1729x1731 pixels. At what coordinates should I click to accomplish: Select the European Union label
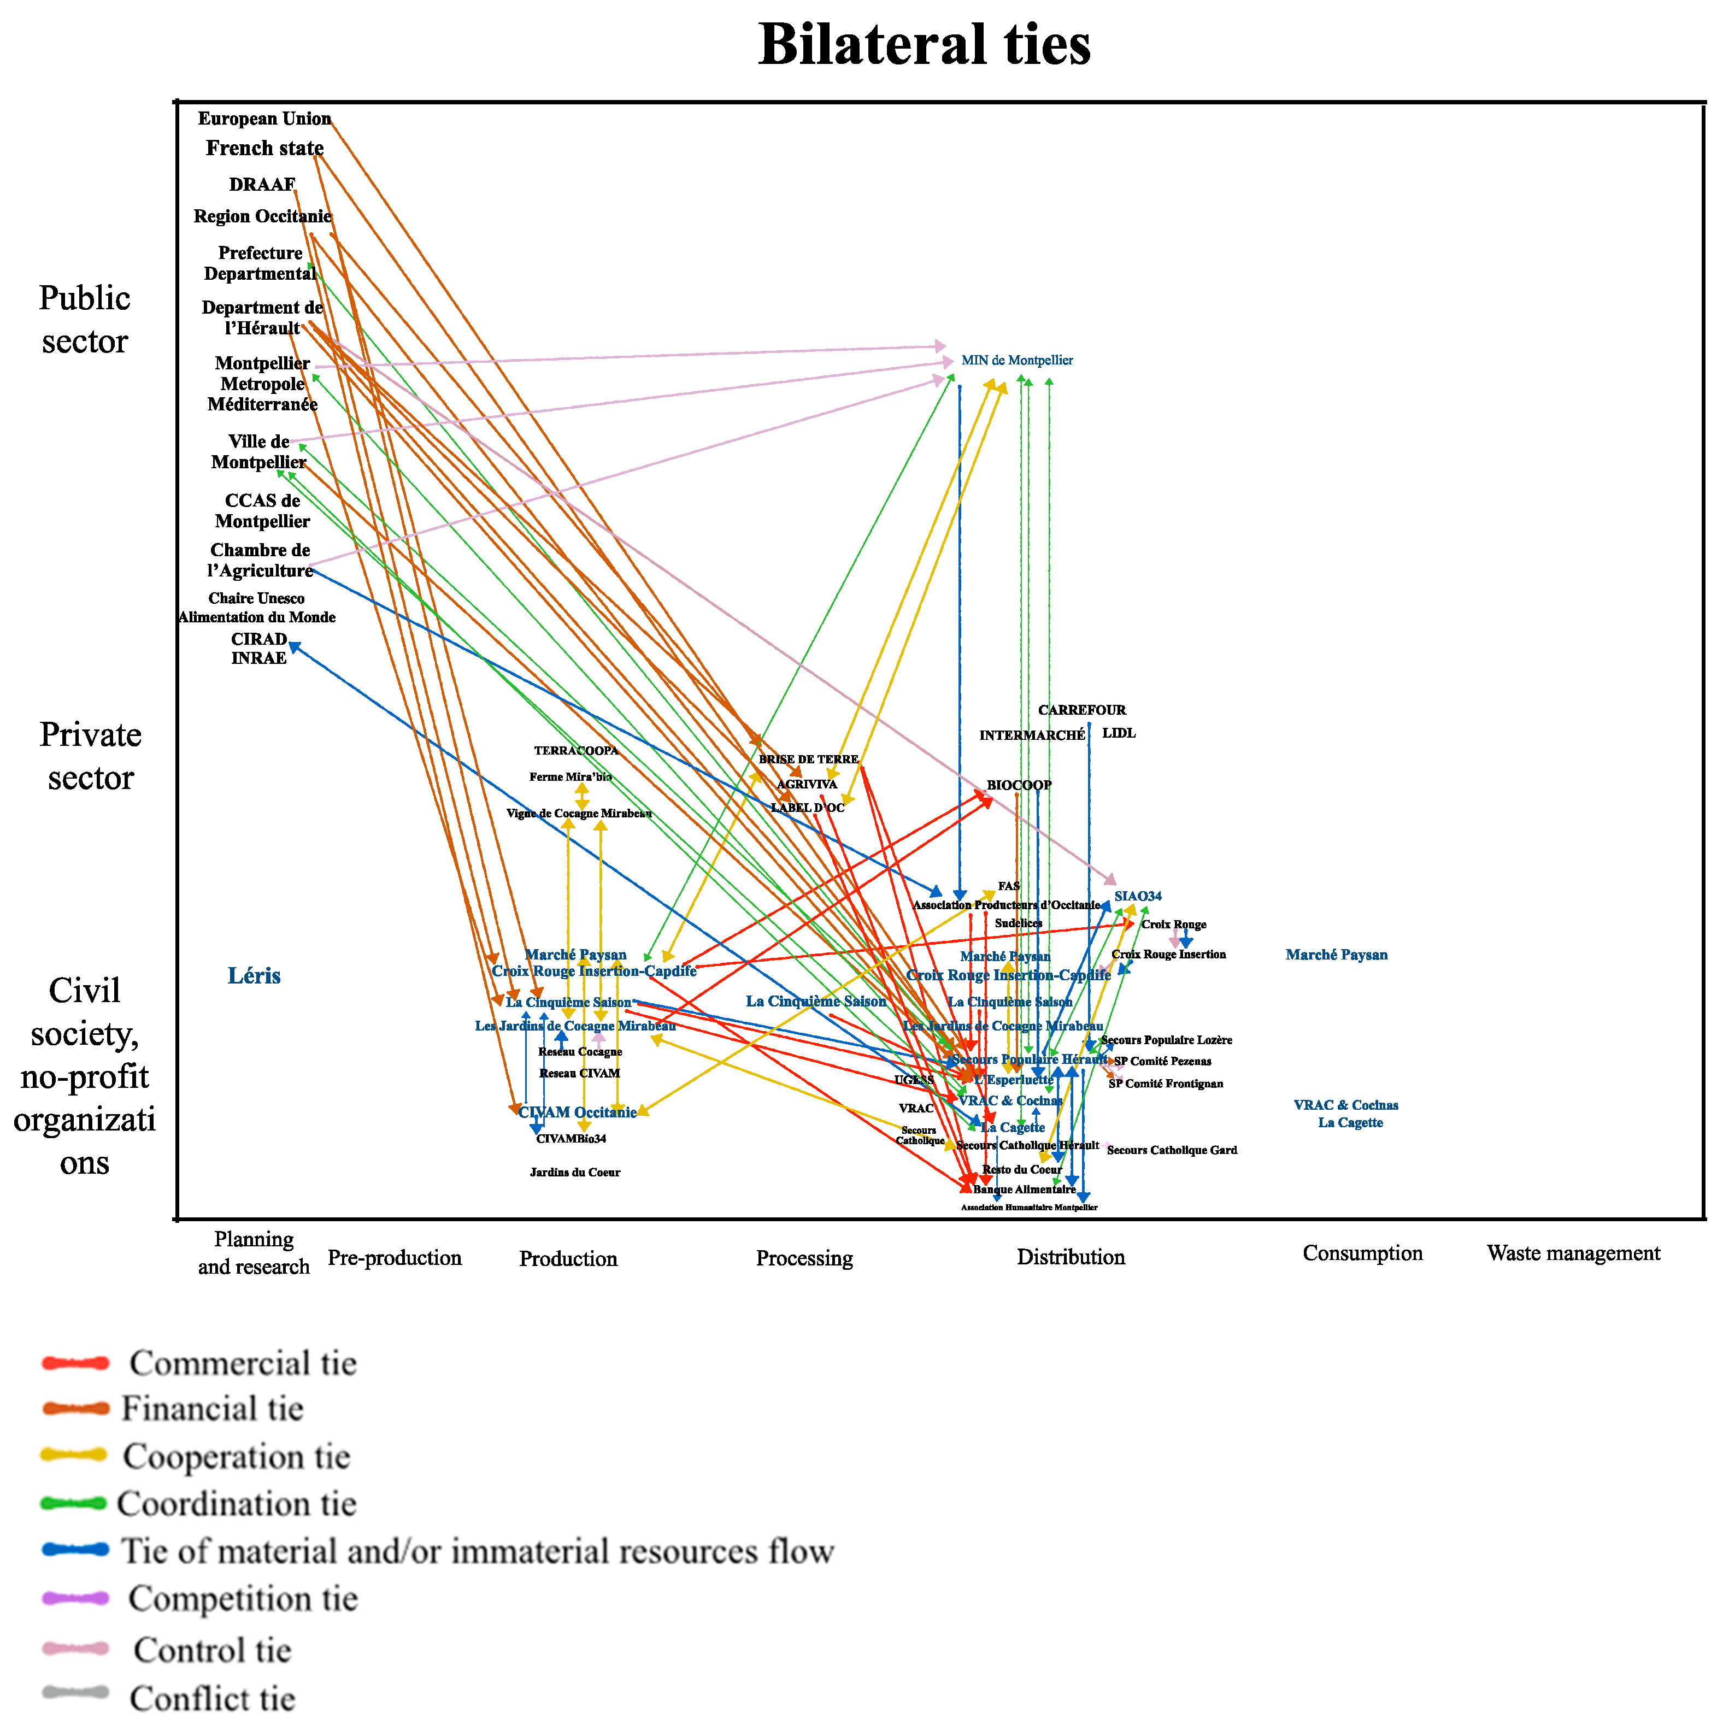click(264, 119)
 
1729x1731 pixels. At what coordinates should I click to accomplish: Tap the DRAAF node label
click(262, 185)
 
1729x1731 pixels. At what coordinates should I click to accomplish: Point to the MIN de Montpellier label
click(1017, 360)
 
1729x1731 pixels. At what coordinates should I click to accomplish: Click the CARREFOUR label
click(1081, 710)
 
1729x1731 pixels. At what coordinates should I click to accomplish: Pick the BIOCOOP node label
click(1019, 785)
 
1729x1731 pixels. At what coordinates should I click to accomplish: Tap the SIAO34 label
click(1138, 896)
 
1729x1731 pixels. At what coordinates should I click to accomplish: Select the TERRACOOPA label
click(576, 751)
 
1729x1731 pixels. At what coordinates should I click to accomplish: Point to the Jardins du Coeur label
click(574, 1172)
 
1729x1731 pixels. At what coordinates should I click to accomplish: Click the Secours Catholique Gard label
click(1172, 1150)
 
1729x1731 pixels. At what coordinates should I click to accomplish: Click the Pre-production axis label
click(394, 1258)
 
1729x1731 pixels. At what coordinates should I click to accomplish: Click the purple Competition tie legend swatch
click(75, 1598)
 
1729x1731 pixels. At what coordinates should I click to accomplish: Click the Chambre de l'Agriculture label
click(260, 560)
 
